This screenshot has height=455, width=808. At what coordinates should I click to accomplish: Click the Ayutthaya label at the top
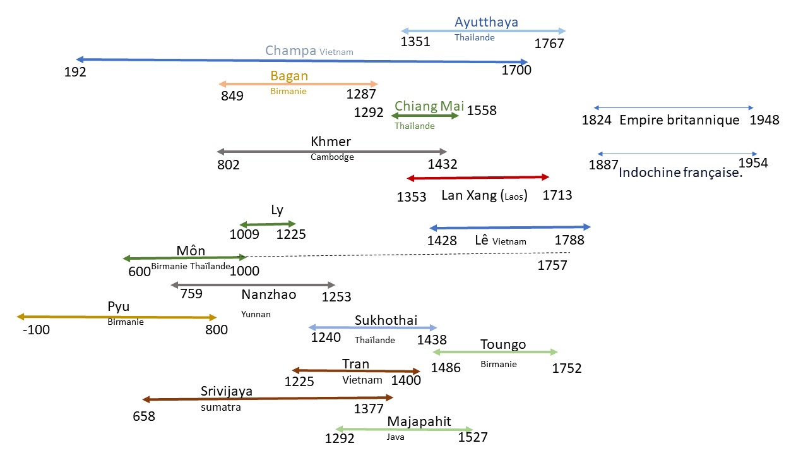[486, 22]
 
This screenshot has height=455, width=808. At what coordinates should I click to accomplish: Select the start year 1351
[415, 42]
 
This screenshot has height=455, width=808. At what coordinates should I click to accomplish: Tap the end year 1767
[549, 44]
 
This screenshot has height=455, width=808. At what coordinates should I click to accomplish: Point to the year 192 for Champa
[75, 71]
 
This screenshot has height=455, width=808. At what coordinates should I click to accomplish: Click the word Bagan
[289, 76]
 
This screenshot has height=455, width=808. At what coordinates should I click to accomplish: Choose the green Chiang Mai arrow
[425, 116]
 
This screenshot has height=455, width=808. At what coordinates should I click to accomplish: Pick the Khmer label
[331, 142]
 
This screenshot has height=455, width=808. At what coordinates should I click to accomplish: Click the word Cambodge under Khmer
[332, 157]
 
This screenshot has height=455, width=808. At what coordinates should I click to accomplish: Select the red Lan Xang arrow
[478, 178]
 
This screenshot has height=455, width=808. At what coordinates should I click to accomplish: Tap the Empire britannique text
[679, 120]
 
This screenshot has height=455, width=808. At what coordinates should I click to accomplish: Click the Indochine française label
[681, 173]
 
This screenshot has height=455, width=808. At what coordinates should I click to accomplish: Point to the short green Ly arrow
[267, 224]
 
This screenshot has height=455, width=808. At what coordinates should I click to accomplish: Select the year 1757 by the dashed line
[552, 265]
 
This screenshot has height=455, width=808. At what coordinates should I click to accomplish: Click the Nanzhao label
[268, 294]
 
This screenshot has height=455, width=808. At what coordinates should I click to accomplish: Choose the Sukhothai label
[386, 320]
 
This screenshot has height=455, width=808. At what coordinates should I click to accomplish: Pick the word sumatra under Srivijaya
[221, 407]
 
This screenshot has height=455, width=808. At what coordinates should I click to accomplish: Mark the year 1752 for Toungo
[566, 368]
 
